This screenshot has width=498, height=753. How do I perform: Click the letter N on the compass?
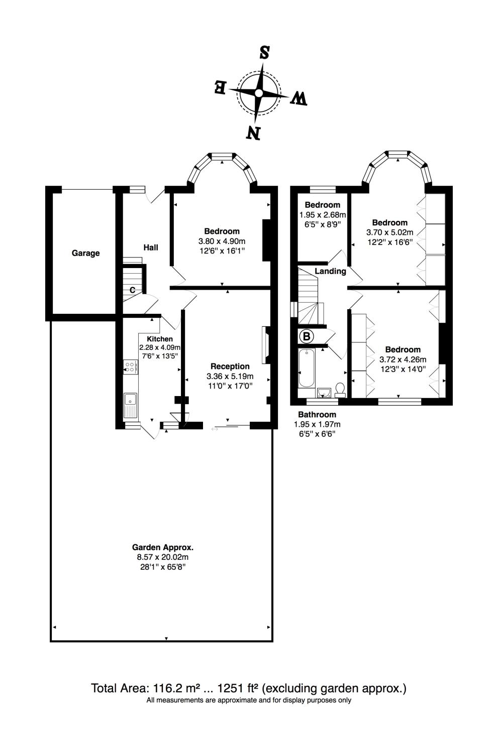(x=253, y=133)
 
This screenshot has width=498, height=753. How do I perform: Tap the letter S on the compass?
(x=264, y=53)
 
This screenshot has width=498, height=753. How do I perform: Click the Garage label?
(x=85, y=254)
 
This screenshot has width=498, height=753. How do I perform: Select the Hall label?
(x=151, y=247)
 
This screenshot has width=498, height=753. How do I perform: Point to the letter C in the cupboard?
(x=133, y=290)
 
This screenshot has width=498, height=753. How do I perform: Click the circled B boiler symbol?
(x=306, y=336)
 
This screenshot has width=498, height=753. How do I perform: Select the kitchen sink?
(x=131, y=405)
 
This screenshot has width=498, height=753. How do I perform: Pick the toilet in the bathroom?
(x=340, y=390)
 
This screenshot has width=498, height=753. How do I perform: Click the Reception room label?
(x=230, y=366)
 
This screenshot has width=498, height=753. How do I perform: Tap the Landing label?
(x=330, y=271)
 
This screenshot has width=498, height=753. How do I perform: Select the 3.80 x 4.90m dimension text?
(x=222, y=241)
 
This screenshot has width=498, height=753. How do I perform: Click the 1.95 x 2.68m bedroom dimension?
(x=323, y=214)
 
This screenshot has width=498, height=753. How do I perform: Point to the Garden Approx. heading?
(x=162, y=547)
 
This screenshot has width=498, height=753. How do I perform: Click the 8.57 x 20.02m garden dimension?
(x=162, y=557)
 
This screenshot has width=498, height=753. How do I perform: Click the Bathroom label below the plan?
(x=317, y=415)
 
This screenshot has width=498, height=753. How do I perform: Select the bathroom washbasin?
(x=324, y=392)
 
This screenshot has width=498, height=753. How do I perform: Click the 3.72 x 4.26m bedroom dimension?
(x=403, y=359)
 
